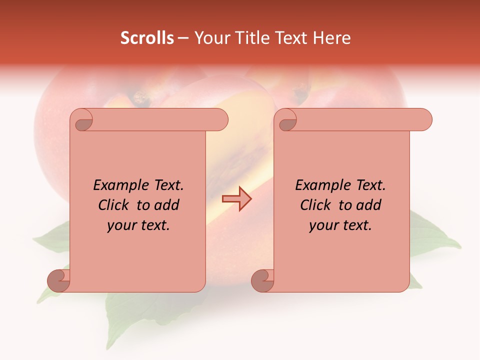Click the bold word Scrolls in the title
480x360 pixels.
point(147,38)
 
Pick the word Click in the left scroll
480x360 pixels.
point(114,205)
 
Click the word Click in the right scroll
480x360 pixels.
point(316,205)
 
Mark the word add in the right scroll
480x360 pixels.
point(369,205)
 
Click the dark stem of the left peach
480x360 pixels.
point(141,99)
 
